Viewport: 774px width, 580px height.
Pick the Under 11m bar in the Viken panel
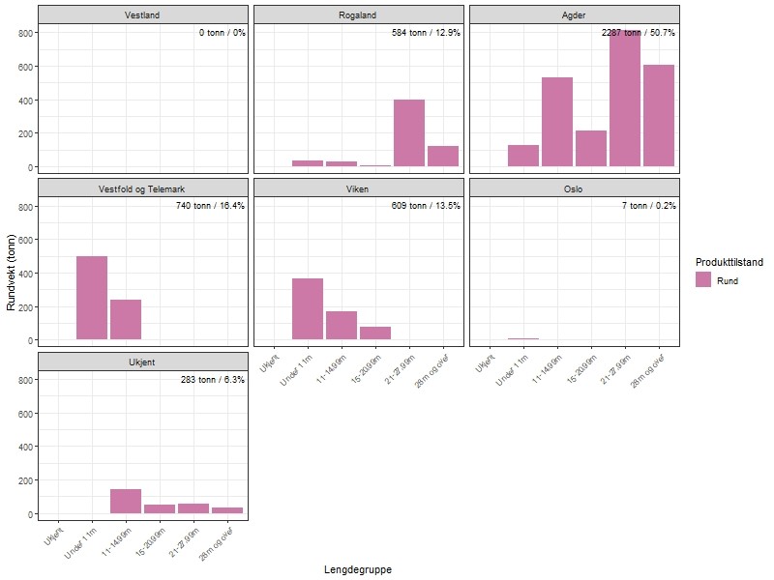(308, 308)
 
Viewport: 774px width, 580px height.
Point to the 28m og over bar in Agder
(659, 115)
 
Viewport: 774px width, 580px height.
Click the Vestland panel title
(143, 14)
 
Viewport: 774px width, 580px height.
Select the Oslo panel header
(574, 188)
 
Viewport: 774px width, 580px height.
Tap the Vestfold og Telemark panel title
(143, 188)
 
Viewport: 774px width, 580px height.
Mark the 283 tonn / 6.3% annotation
(212, 380)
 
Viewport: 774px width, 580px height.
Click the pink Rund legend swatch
(703, 280)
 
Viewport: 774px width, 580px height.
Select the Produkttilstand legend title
(729, 262)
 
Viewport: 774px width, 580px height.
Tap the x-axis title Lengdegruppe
(358, 570)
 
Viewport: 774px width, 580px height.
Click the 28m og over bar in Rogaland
(443, 156)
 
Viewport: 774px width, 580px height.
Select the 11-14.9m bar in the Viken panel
(342, 325)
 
